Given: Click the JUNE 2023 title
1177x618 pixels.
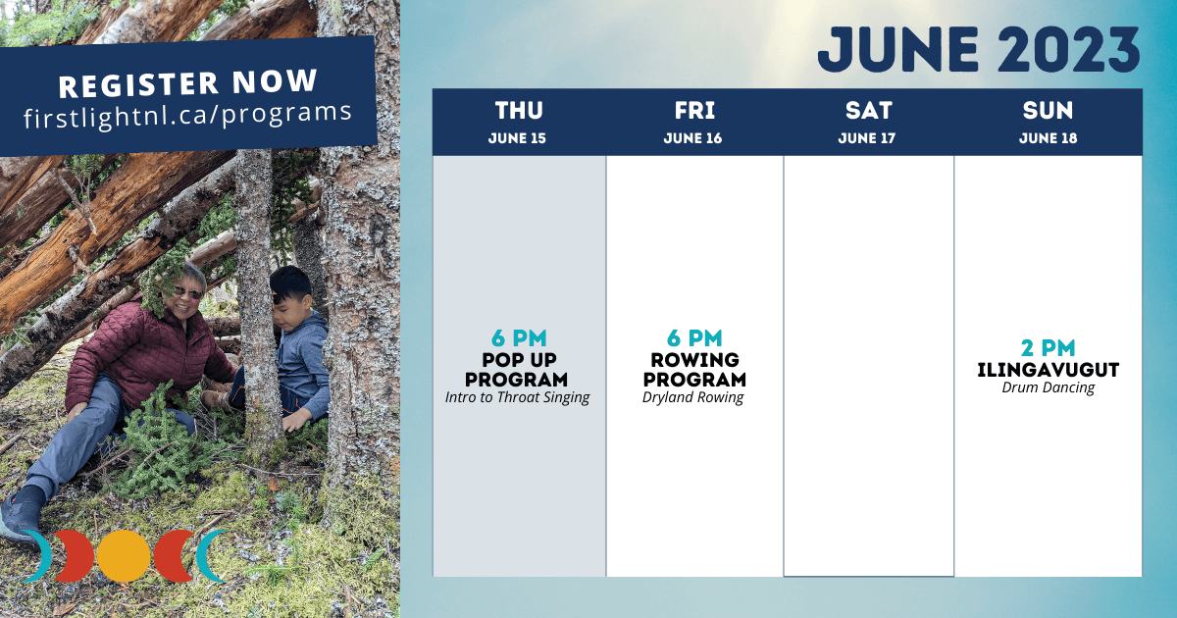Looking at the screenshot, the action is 979,49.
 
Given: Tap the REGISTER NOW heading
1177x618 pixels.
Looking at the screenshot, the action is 188,83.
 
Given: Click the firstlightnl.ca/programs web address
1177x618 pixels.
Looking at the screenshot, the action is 187,115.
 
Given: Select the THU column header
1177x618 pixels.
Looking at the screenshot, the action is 519,110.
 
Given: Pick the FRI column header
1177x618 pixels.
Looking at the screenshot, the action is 694,110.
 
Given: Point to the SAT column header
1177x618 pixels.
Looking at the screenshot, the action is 869,110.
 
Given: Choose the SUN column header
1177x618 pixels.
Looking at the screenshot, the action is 1048,110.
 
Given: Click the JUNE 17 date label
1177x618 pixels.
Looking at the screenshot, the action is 866,138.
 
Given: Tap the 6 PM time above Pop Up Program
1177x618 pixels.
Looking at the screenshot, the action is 519,337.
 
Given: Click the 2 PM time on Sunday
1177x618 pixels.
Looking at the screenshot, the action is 1048,348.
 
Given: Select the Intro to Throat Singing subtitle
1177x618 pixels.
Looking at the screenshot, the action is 518,397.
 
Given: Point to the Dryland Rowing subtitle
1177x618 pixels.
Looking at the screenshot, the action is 693,397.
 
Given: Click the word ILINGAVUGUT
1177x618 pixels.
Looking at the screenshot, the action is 1048,370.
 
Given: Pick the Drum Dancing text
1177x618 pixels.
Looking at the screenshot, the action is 1048,387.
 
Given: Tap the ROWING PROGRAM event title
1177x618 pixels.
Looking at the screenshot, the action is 694,370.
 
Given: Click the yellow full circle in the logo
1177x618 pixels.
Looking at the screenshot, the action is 124,556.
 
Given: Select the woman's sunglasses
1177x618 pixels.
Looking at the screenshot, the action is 187,291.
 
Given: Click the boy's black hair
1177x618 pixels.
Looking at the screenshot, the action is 290,283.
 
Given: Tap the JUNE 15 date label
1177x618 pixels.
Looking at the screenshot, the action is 517,138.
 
